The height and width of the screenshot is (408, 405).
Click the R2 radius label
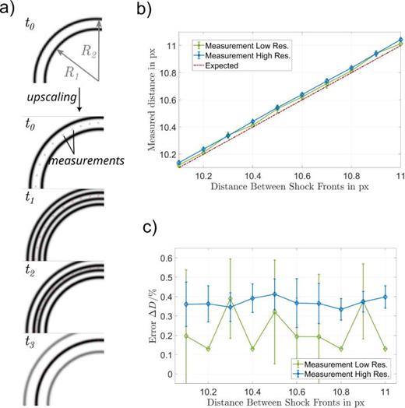coord(93,51)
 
